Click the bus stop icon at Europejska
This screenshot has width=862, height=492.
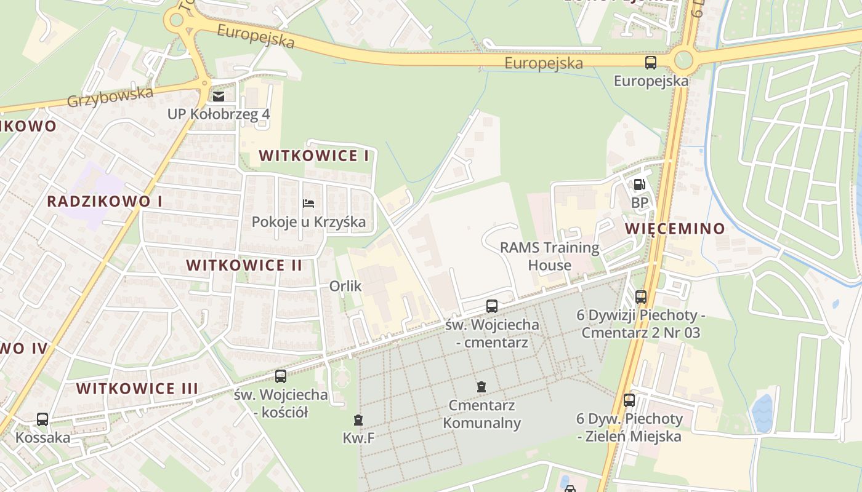[651, 62]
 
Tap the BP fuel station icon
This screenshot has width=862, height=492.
[640, 184]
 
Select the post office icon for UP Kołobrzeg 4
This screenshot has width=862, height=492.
[219, 96]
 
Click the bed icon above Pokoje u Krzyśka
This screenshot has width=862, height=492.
[308, 204]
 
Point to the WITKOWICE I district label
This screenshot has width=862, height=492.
[314, 156]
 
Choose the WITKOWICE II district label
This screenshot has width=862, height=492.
[244, 265]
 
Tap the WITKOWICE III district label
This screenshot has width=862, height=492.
[137, 388]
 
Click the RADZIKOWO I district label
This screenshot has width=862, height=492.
[105, 201]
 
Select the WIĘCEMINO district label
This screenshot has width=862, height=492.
[675, 229]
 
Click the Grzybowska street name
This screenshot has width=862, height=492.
[110, 97]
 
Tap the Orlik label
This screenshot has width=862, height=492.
[345, 286]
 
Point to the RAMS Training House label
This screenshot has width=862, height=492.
[549, 256]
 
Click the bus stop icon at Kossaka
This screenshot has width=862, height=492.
[42, 419]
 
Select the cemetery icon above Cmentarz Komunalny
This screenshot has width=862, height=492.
[481, 387]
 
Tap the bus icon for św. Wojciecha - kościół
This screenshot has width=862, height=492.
[281, 376]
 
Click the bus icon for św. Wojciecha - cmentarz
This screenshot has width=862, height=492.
[492, 306]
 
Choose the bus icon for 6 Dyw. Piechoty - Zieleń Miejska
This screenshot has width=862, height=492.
[629, 400]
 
